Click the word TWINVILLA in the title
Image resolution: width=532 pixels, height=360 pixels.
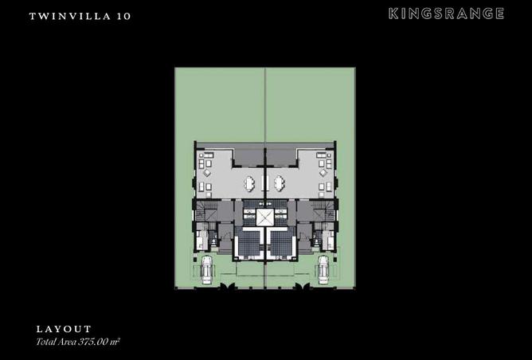(70, 16)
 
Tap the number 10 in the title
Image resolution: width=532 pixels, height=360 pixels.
(123, 16)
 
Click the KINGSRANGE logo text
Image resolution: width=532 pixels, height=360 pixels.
(446, 14)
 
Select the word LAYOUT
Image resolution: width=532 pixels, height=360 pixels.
(64, 329)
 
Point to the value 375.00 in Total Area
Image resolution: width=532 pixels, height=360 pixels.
(92, 342)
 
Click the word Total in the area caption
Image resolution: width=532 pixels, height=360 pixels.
(44, 342)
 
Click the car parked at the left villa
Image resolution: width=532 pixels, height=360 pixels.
(206, 270)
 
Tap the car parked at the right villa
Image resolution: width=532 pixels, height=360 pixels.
(323, 270)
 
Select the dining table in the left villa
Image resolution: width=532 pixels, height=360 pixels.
(249, 183)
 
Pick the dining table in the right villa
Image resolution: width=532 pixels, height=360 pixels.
(280, 183)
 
